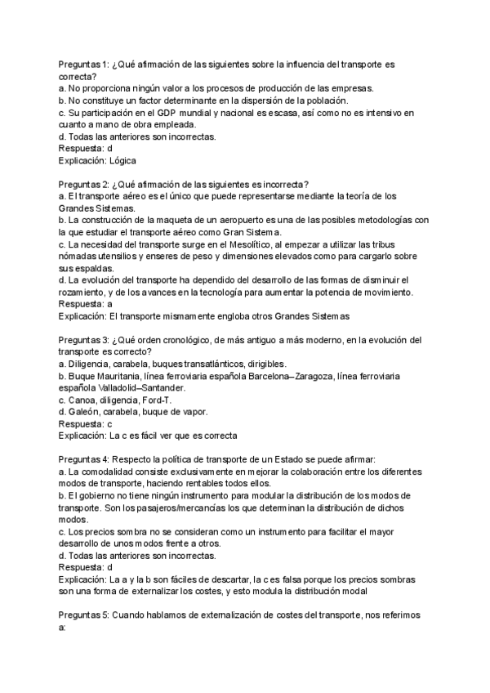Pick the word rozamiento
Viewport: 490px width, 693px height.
click(x=84, y=293)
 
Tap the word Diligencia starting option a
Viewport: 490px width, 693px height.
click(x=94, y=363)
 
